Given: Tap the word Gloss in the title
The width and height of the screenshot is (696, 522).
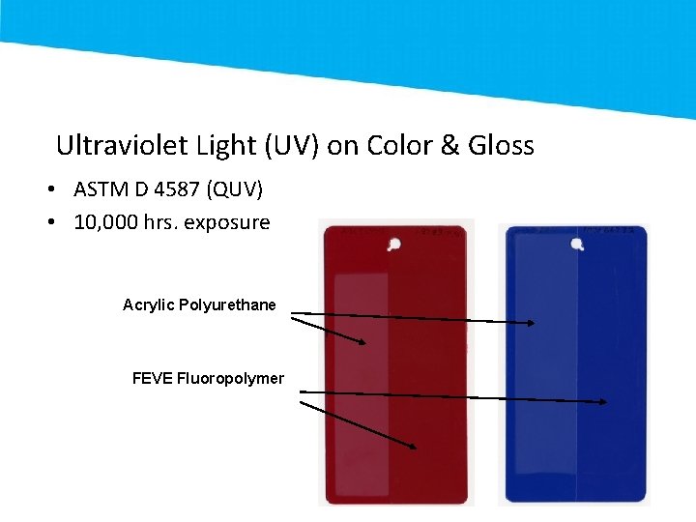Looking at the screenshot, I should [500, 146].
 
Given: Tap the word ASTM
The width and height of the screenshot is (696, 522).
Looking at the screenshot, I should [102, 189].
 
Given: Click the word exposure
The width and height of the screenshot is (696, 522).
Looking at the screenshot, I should [226, 222].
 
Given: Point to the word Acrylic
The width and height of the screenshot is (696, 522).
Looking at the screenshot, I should [148, 304].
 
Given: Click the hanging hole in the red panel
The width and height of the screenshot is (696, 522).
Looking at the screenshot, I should [394, 245].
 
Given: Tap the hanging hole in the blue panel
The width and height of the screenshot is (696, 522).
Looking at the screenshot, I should [577, 245].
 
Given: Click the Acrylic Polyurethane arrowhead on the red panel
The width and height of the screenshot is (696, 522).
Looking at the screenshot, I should [363, 341].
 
